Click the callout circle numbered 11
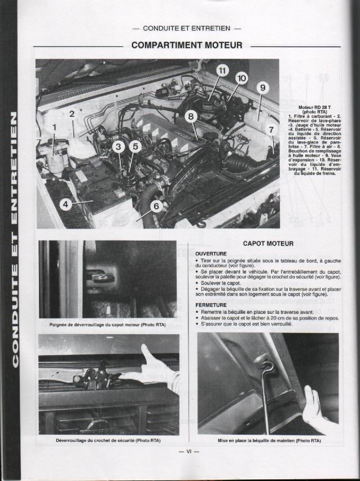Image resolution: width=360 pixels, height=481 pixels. [222, 71]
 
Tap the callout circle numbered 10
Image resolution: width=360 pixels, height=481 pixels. [242, 78]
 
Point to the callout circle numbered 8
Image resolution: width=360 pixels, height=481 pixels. [191, 116]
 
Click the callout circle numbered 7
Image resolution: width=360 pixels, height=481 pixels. [271, 129]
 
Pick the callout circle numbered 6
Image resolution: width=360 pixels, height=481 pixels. [157, 206]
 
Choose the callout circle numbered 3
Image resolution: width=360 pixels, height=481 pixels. [117, 147]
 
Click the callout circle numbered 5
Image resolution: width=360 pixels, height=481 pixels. [134, 147]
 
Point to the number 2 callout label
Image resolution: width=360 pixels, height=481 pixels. [72, 114]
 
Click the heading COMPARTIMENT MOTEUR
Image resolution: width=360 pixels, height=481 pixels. [187, 45]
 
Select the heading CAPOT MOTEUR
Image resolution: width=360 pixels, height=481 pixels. [268, 243]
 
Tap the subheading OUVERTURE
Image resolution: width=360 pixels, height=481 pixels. [211, 253]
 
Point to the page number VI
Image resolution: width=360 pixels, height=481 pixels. [185, 452]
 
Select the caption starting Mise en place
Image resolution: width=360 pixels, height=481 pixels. [269, 440]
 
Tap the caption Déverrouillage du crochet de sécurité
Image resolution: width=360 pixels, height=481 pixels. [109, 440]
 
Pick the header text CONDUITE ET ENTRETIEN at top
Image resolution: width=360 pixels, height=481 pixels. [187, 27]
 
